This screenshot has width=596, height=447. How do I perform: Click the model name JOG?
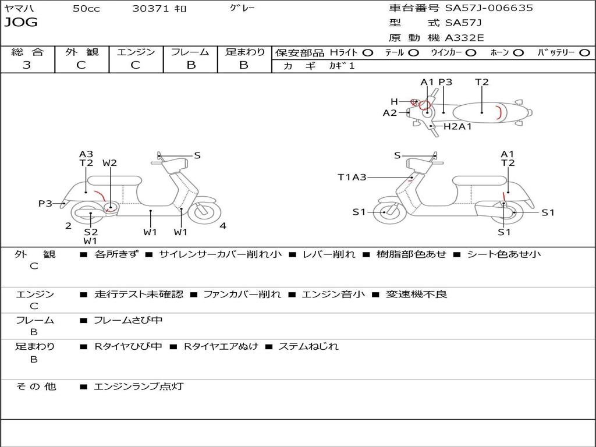click(21, 23)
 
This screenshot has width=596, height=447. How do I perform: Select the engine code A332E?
click(464, 38)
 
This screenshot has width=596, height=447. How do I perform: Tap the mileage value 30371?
click(150, 9)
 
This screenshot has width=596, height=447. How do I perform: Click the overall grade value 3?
click(27, 65)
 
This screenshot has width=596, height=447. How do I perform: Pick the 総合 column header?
click(27, 52)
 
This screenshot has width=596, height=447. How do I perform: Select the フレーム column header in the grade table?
click(190, 52)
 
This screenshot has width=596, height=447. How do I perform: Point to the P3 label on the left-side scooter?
click(45, 203)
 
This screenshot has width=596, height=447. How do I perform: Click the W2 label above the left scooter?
click(109, 163)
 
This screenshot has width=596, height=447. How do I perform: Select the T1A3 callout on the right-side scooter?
click(352, 177)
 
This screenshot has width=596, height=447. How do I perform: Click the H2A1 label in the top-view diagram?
click(457, 126)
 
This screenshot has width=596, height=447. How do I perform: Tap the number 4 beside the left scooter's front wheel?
click(223, 226)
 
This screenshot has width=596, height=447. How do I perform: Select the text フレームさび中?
click(128, 320)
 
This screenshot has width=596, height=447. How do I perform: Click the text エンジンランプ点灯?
click(139, 386)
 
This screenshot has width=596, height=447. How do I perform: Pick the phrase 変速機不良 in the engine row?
click(417, 294)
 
